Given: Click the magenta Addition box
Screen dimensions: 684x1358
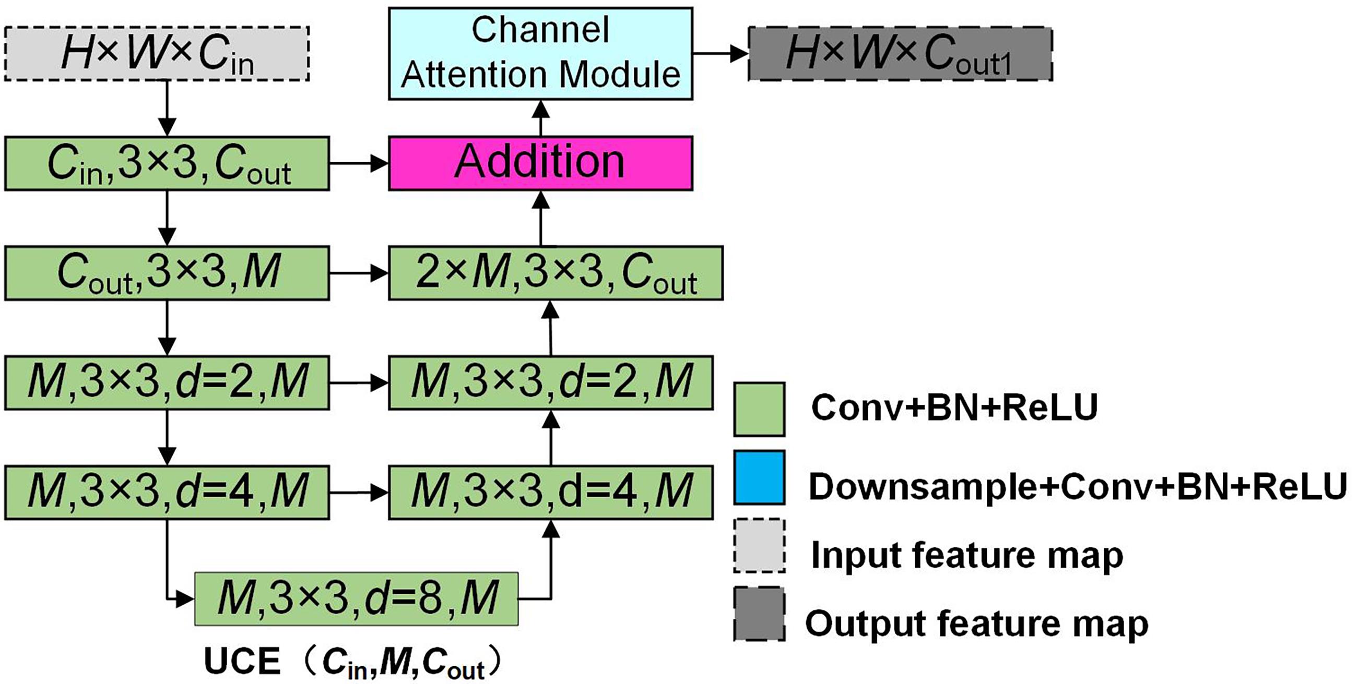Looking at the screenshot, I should coord(540,163).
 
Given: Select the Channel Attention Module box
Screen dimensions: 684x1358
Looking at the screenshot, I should coord(540,53).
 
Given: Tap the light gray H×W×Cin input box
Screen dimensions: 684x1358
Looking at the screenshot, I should coord(157,54).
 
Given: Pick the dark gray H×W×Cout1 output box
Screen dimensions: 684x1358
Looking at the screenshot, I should coord(901,54).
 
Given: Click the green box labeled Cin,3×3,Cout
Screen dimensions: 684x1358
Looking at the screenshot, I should coord(167,163).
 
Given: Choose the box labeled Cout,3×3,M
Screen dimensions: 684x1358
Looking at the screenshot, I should coord(167,273).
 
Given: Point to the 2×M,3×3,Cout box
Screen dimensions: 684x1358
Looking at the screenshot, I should coord(556,273).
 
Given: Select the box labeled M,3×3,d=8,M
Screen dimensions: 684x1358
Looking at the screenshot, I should coord(357,598).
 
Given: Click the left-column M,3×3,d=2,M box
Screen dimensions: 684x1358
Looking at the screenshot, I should coord(167,382).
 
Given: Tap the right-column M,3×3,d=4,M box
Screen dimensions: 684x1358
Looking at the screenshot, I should coord(551,492).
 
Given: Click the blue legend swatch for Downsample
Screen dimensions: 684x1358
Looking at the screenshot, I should coord(759,477).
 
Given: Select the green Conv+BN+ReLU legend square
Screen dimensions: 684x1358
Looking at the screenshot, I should coord(759,409).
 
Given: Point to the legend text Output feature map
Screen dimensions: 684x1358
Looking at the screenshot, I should coord(976,623).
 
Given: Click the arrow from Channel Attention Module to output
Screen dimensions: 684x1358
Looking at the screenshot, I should coord(720,53).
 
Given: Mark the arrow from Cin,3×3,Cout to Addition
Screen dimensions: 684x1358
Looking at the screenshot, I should coord(359,163).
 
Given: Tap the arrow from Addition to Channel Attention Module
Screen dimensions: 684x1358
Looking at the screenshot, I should coord(541,118).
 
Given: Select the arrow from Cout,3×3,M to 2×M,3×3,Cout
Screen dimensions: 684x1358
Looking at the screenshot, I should coord(359,273).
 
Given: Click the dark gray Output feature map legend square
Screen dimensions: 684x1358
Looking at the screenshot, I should coord(759,614).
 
